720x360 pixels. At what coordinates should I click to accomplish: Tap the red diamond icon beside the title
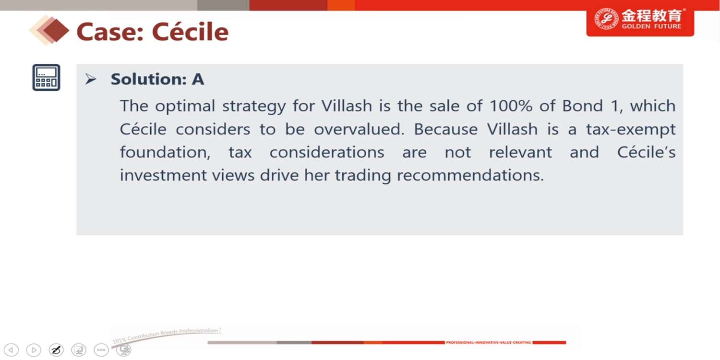click(55, 31)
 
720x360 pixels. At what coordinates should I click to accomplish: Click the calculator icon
click(46, 77)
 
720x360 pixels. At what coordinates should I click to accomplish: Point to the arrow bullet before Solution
click(91, 79)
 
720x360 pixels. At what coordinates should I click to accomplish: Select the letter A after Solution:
click(198, 79)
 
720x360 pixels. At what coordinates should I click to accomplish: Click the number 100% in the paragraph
click(511, 106)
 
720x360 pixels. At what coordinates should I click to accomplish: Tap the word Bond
click(582, 106)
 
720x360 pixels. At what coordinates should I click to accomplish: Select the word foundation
click(165, 152)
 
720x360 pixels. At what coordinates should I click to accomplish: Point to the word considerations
click(327, 152)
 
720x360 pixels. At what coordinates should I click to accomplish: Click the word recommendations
click(470, 176)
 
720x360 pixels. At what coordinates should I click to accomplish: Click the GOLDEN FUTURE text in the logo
click(651, 26)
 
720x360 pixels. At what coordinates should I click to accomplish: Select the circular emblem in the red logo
click(606, 19)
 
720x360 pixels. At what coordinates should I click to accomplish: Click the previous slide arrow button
click(11, 350)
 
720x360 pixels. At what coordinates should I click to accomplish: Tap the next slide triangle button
click(34, 350)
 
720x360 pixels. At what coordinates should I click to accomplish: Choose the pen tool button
click(56, 350)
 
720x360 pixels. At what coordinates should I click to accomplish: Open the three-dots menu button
click(101, 350)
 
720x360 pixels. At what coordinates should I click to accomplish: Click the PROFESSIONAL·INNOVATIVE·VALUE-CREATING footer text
click(488, 343)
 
